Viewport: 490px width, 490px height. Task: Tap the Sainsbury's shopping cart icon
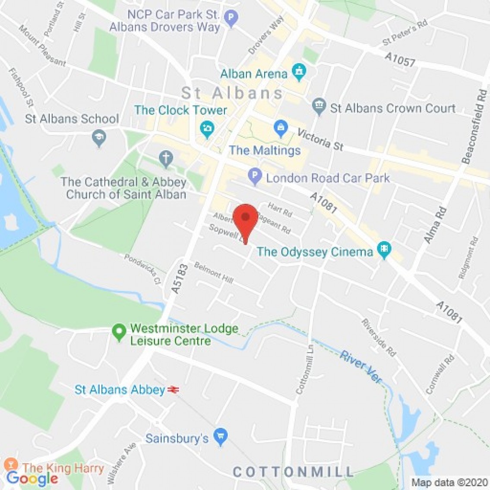tap(221, 437)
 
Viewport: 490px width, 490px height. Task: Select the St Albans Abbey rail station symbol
tap(174, 390)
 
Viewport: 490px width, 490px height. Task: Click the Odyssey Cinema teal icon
tap(383, 250)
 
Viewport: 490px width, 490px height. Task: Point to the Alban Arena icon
tap(299, 71)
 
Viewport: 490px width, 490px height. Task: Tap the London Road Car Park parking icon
tap(255, 176)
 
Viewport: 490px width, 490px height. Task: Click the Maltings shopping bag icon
tap(281, 128)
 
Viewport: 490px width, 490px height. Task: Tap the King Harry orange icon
tap(11, 465)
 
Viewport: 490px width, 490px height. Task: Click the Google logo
tap(32, 478)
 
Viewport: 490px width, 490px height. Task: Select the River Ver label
tap(361, 367)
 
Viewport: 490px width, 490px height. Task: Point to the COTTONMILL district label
tap(293, 471)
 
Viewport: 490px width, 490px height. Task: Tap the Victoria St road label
tap(320, 139)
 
